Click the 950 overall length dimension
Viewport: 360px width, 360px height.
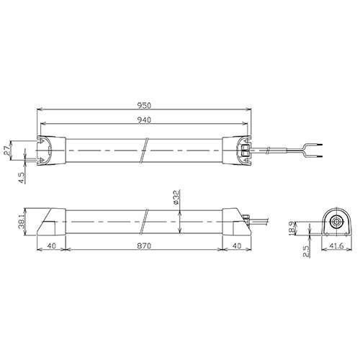144,105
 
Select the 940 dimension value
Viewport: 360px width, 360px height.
144,120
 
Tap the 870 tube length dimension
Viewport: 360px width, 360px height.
144,246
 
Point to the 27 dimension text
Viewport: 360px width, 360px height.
7,151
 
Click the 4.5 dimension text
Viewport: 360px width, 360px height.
22,178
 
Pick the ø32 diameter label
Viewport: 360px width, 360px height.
176,197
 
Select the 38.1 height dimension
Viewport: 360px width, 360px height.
21,221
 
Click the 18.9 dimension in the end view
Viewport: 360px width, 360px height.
292,228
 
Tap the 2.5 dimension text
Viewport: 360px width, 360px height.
307,251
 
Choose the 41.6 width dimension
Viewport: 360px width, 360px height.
336,246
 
